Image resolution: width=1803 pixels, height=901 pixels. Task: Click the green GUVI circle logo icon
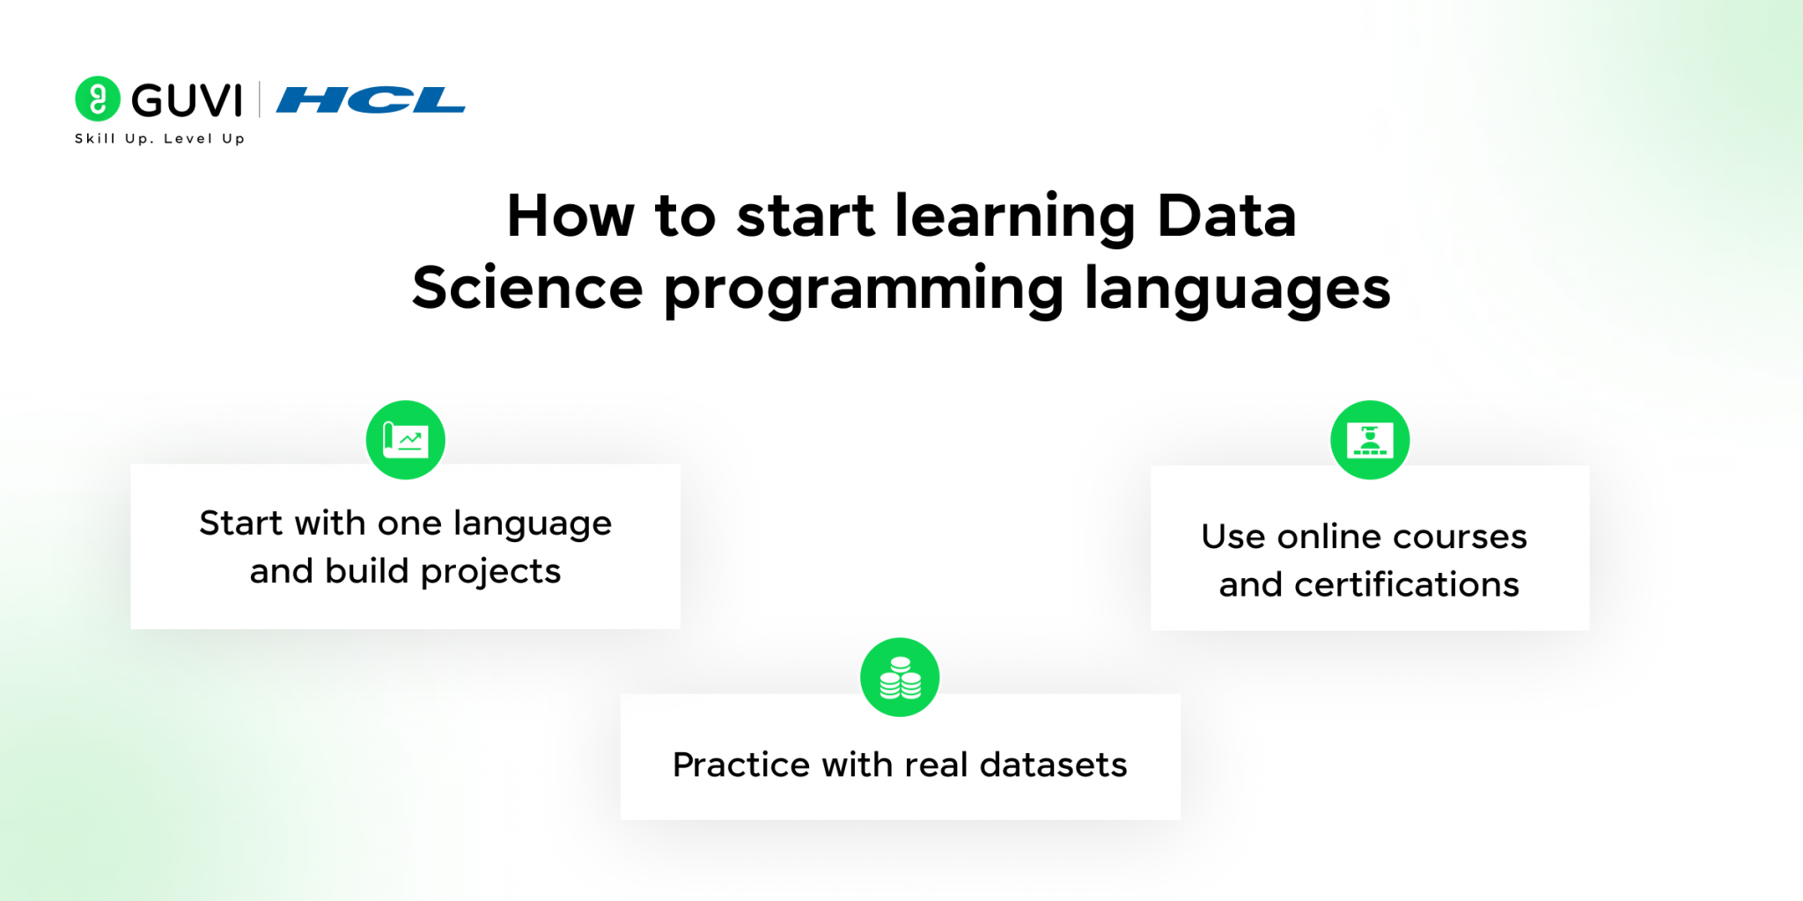pos(98,99)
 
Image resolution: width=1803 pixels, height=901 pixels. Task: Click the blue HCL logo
pos(371,100)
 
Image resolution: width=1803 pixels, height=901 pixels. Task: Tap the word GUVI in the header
pos(187,100)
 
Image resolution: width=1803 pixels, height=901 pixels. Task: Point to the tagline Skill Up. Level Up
pos(159,139)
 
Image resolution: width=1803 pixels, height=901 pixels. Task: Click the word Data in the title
pos(1225,216)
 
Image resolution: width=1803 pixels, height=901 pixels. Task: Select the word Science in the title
pos(527,289)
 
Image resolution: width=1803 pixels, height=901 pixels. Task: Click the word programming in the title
pos(864,290)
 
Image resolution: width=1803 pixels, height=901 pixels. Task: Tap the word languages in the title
pos(1237,290)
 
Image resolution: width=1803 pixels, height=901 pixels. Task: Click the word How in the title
pos(570,216)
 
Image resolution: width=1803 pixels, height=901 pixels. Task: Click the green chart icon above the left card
pos(406,440)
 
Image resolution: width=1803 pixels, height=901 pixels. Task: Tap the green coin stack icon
pos(900,678)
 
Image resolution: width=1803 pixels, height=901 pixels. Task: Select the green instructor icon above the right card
pos(1370,440)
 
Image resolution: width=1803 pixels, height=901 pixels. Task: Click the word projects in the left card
pos(490,573)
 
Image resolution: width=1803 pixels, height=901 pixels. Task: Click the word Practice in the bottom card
pos(740,765)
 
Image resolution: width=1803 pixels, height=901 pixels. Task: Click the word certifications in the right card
pos(1407,585)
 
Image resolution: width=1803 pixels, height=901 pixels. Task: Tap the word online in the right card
pos(1328,537)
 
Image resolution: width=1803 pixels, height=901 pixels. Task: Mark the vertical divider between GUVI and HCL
pos(260,99)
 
